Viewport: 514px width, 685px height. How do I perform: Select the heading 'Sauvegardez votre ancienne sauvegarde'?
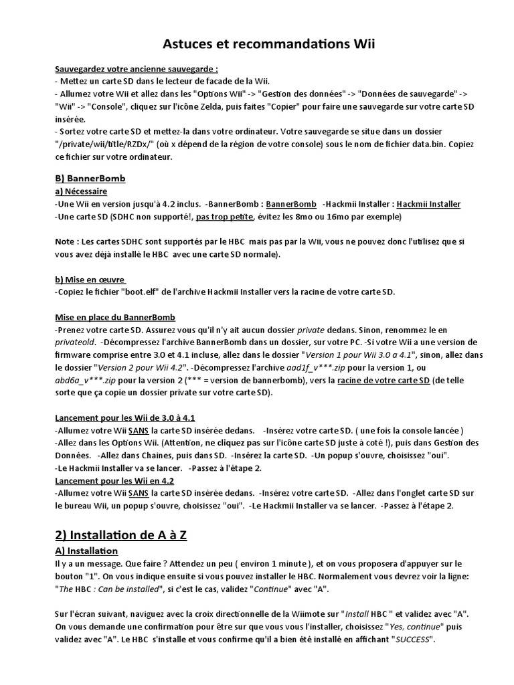pos(136,69)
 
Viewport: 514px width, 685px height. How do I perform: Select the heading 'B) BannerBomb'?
pos(90,179)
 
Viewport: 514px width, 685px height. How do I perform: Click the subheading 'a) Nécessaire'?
pos(78,191)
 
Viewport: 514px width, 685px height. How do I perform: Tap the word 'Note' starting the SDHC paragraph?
pos(65,241)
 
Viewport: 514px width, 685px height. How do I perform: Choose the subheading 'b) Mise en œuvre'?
pos(90,280)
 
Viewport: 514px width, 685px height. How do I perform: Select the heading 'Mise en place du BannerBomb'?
pos(114,317)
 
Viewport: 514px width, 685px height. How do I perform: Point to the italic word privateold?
pos(75,342)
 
